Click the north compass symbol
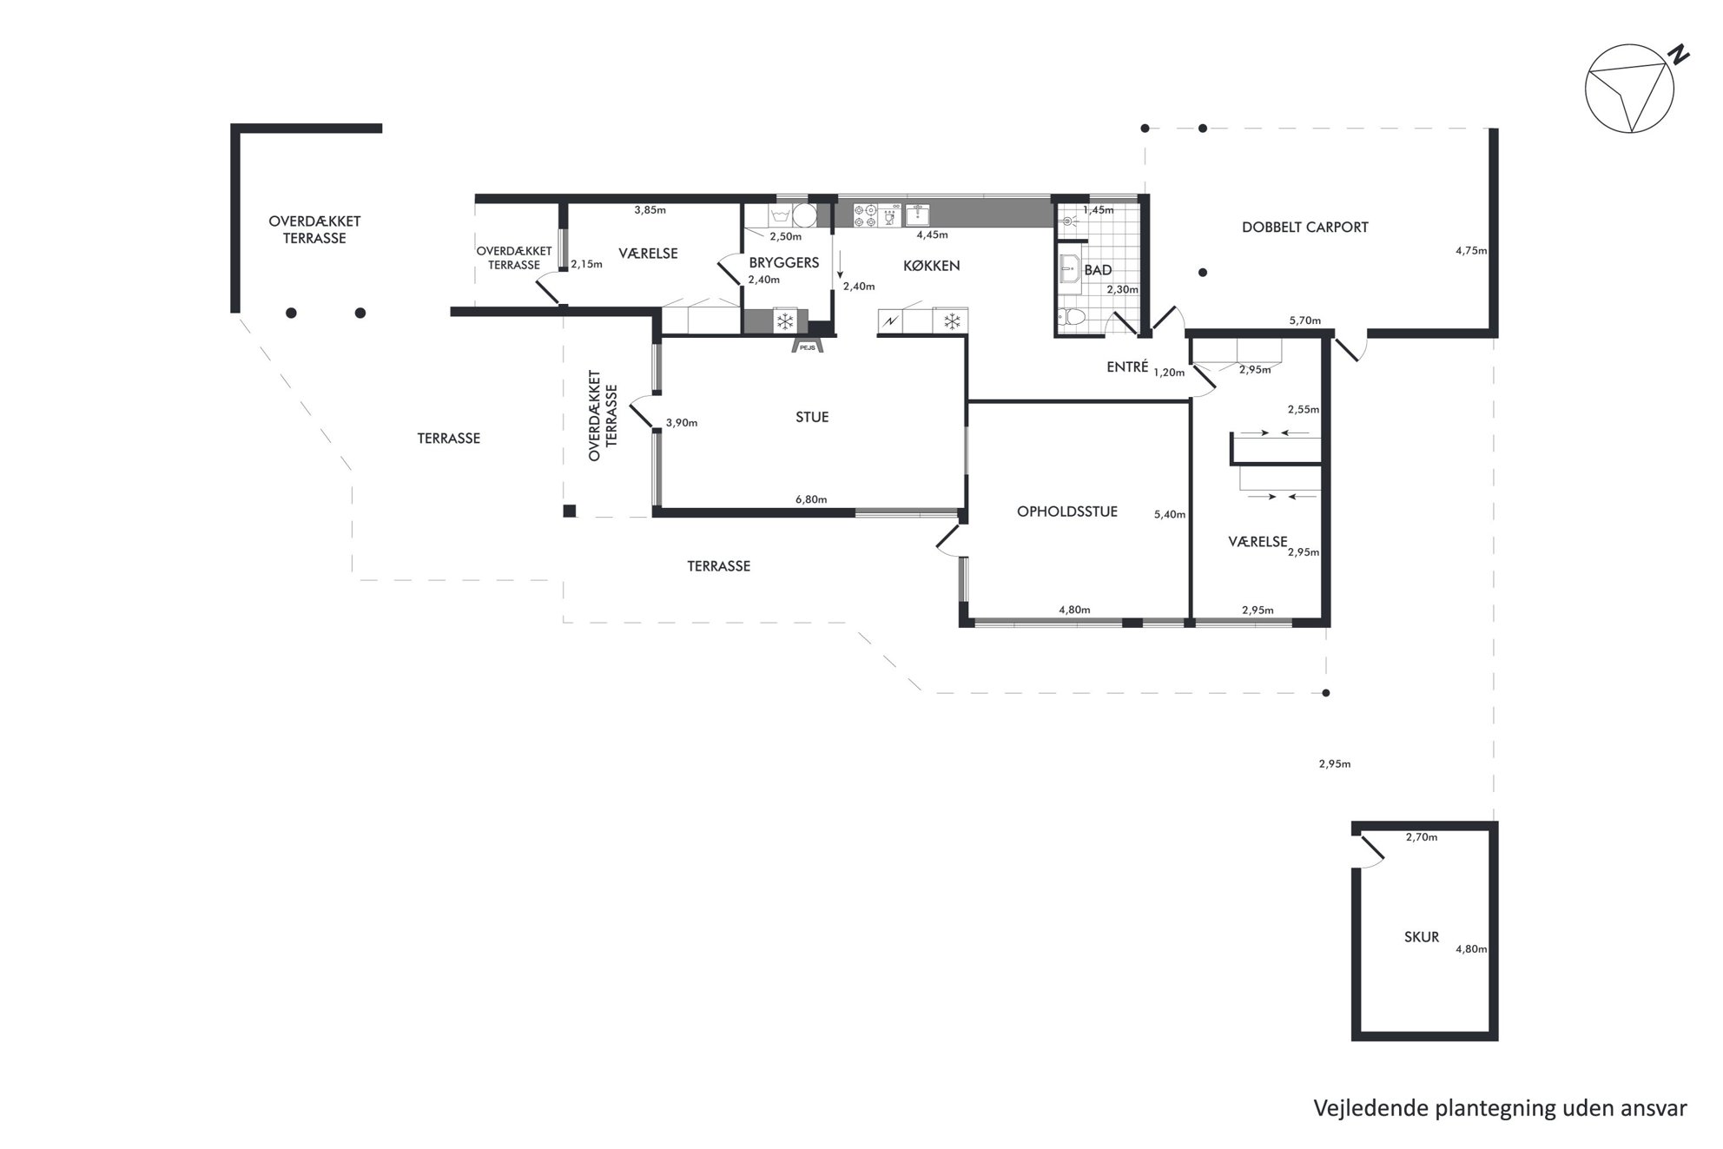tap(1630, 88)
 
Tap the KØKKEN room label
tap(931, 266)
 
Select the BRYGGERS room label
tap(783, 262)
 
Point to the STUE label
tap(812, 417)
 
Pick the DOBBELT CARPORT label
tap(1304, 228)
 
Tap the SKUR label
tap(1422, 937)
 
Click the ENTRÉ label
tap(1127, 367)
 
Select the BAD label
tap(1098, 270)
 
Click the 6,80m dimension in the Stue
tap(811, 499)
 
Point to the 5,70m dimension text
tap(1304, 320)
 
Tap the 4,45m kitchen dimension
tap(932, 234)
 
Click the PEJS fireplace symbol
tap(807, 345)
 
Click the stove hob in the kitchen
tap(865, 215)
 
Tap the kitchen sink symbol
tap(916, 215)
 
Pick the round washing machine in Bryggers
tap(805, 215)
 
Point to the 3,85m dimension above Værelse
tap(650, 209)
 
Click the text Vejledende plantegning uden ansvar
tap(1500, 1108)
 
